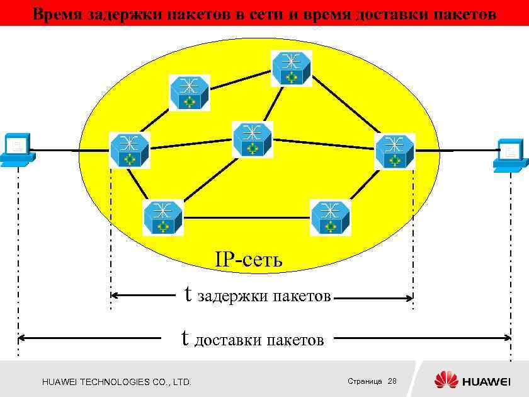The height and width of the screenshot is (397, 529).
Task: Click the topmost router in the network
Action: [292, 69]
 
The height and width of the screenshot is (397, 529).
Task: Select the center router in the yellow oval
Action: [252, 139]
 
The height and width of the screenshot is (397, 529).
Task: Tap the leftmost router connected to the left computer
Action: [130, 150]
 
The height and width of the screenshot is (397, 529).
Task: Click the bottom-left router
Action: [162, 217]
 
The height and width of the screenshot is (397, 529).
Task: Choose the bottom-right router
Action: [331, 217]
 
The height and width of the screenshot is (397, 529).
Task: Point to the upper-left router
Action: [189, 93]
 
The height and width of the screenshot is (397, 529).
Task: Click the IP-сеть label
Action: [249, 259]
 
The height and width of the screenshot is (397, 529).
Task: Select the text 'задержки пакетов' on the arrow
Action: [264, 296]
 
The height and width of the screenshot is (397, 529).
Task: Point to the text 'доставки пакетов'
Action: [259, 340]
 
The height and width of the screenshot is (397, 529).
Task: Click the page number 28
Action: [392, 381]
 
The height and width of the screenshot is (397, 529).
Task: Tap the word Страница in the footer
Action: [365, 381]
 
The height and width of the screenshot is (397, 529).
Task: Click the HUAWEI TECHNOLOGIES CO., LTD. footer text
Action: [117, 382]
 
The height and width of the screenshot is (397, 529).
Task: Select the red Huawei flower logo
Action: [446, 380]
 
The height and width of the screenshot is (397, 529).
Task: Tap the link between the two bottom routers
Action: [247, 217]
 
